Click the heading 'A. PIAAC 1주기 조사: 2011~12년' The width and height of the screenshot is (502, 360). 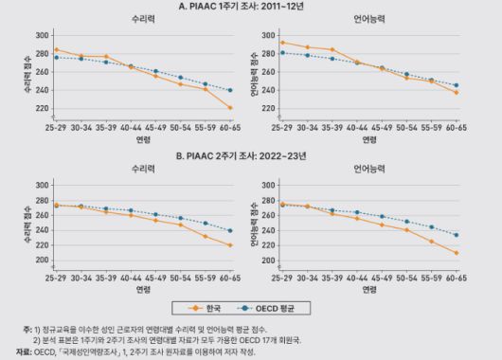[x=250, y=6]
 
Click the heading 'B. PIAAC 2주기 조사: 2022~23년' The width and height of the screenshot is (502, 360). [x=250, y=156]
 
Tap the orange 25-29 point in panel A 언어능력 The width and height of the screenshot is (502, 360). [x=281, y=42]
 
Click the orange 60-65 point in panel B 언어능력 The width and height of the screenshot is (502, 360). [x=457, y=253]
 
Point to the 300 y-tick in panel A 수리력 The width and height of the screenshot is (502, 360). [x=42, y=35]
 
